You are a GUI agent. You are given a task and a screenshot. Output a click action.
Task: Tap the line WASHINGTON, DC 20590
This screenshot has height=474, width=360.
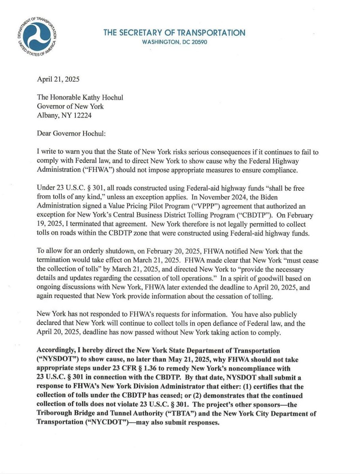(x=174, y=42)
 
